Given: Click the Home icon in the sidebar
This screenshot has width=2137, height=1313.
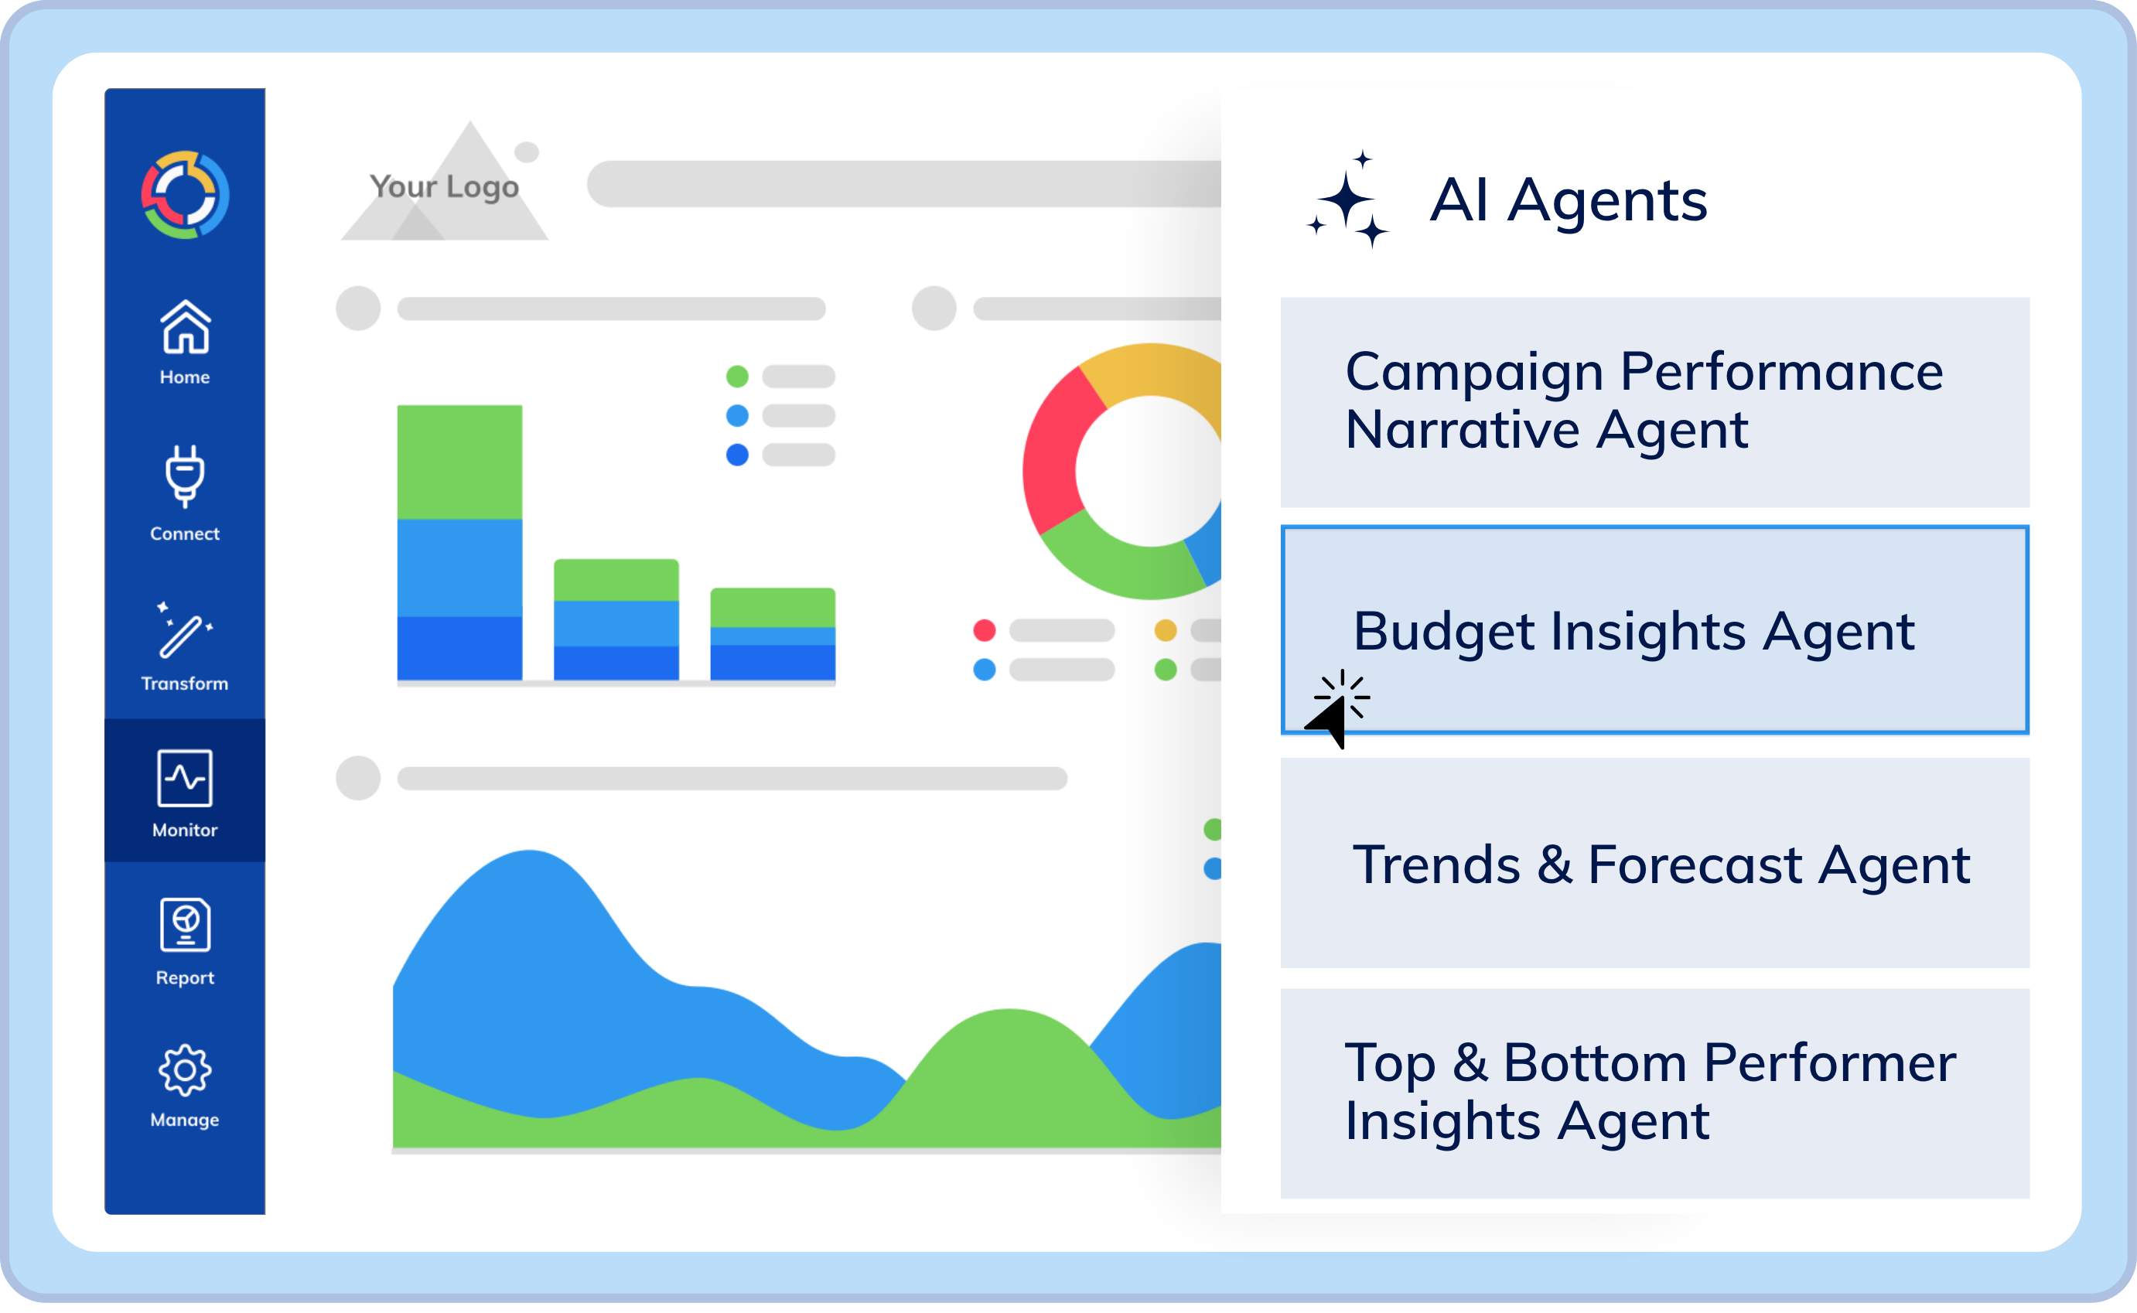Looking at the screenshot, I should [x=185, y=327].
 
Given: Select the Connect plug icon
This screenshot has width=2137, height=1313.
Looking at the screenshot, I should [x=185, y=475].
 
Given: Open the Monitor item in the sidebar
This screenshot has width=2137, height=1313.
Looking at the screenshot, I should [x=185, y=790].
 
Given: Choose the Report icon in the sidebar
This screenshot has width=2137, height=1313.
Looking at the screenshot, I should [x=185, y=926].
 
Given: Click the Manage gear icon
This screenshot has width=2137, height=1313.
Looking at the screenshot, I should [x=185, y=1071].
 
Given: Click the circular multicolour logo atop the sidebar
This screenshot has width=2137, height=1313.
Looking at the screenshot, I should [x=185, y=195].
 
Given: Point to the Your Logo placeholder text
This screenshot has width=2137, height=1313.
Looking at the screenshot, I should [x=444, y=186].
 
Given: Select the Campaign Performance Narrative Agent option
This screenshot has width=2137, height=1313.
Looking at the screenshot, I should [x=1654, y=402].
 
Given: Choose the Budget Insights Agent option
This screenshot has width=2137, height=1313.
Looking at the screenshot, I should [x=1654, y=629].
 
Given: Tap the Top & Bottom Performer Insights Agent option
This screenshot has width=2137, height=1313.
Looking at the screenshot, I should [x=1654, y=1093].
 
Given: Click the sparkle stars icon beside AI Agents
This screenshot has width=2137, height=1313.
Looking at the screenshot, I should [x=1349, y=200].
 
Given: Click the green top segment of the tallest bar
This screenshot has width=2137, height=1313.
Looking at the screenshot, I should [x=459, y=462].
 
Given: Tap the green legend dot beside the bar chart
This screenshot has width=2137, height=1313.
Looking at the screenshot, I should [x=737, y=377].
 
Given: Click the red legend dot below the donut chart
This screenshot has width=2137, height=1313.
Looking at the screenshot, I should [x=984, y=630].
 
